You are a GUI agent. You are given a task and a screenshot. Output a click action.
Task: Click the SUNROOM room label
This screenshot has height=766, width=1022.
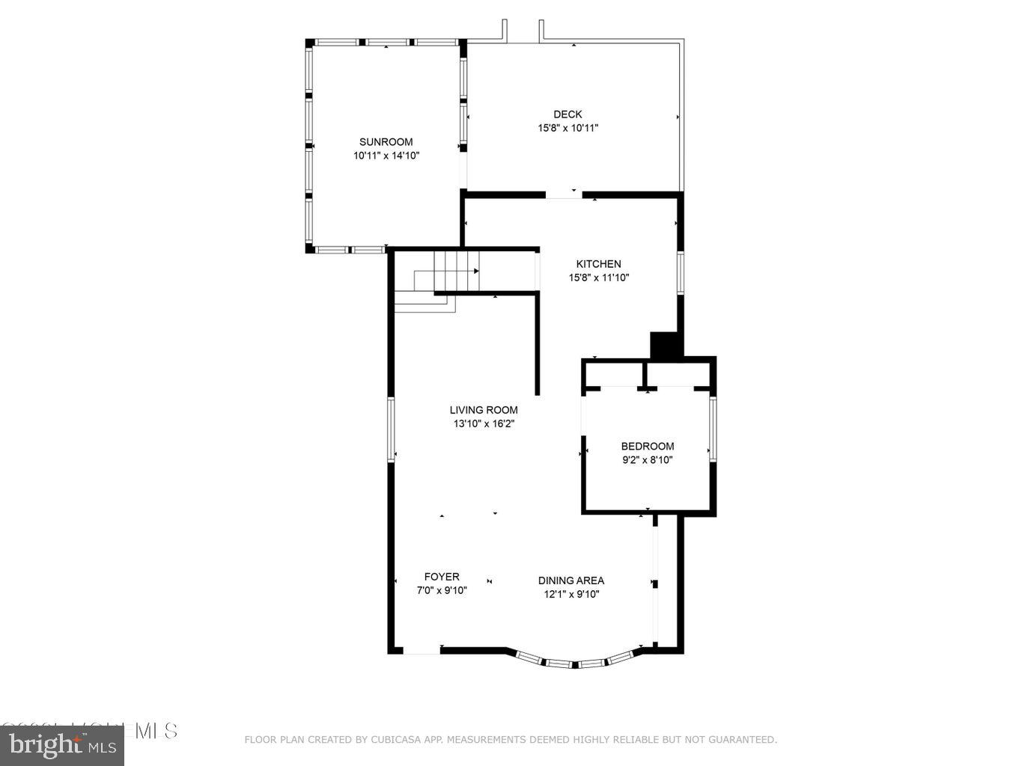tap(386, 142)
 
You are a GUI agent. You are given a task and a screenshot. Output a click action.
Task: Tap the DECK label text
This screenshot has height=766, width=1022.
tap(568, 114)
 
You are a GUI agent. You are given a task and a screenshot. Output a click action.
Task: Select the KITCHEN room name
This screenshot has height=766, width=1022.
tap(598, 264)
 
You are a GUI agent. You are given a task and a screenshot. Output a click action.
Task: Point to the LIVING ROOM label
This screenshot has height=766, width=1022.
tap(484, 410)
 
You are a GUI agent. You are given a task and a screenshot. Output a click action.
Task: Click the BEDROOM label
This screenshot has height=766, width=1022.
tap(647, 447)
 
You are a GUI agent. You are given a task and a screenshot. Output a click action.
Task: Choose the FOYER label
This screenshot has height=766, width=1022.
tap(442, 577)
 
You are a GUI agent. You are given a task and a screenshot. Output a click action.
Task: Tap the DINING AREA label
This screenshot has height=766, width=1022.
tap(571, 580)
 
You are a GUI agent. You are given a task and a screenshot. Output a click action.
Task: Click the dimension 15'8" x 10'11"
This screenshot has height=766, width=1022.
tap(568, 128)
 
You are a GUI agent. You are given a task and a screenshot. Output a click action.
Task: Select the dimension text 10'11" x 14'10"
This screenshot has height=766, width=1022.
tap(386, 156)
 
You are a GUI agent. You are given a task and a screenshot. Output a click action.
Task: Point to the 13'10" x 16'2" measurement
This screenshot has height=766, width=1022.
tap(484, 423)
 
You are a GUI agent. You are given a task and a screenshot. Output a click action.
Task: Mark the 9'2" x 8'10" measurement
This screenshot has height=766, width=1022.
tap(647, 460)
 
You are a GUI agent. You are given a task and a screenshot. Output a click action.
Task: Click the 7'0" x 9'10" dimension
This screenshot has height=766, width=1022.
tap(442, 590)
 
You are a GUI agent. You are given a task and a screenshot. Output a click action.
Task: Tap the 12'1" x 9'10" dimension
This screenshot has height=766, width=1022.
tap(571, 594)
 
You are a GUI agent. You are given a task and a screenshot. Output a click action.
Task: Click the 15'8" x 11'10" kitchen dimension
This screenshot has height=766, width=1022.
tap(598, 278)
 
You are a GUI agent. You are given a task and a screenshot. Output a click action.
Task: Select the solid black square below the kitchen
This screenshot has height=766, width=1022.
tap(664, 346)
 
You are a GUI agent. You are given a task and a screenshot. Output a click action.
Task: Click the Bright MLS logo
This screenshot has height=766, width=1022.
tap(62, 744)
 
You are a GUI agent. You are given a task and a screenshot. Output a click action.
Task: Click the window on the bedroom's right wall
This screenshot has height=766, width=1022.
tap(713, 429)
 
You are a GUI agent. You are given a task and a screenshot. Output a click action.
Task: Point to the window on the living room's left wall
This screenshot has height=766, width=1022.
tap(391, 429)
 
